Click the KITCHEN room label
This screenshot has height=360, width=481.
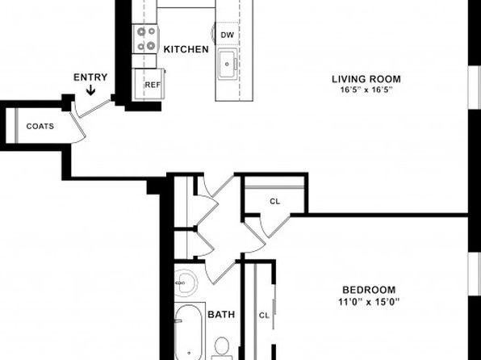(x=186, y=49)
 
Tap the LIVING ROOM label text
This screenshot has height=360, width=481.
(x=366, y=79)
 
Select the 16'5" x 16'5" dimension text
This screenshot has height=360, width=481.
(x=366, y=90)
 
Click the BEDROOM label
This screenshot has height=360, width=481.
(x=369, y=290)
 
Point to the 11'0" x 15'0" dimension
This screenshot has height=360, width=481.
(x=369, y=302)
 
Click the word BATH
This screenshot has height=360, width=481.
(x=221, y=315)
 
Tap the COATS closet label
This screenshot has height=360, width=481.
(x=40, y=126)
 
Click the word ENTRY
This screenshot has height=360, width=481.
(x=90, y=77)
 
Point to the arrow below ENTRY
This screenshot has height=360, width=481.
(x=90, y=90)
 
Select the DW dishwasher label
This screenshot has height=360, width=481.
(x=228, y=35)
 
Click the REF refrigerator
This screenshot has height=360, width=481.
(x=149, y=84)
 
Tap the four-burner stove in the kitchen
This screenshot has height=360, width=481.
(x=146, y=39)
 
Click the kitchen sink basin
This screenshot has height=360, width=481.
(x=227, y=64)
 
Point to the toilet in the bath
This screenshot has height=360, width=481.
(x=221, y=349)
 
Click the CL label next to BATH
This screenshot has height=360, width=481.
(x=264, y=316)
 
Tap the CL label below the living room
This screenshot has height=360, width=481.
(x=275, y=201)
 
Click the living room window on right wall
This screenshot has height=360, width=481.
(x=475, y=87)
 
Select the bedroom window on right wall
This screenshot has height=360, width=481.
(x=475, y=274)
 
